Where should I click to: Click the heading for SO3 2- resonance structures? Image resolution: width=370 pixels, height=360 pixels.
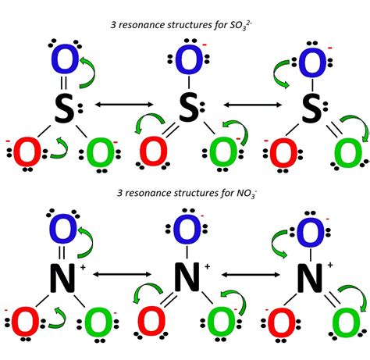(184, 26)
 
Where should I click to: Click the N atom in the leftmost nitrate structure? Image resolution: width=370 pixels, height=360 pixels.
(62, 275)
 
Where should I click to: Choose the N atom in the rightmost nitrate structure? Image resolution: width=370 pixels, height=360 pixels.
(311, 275)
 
